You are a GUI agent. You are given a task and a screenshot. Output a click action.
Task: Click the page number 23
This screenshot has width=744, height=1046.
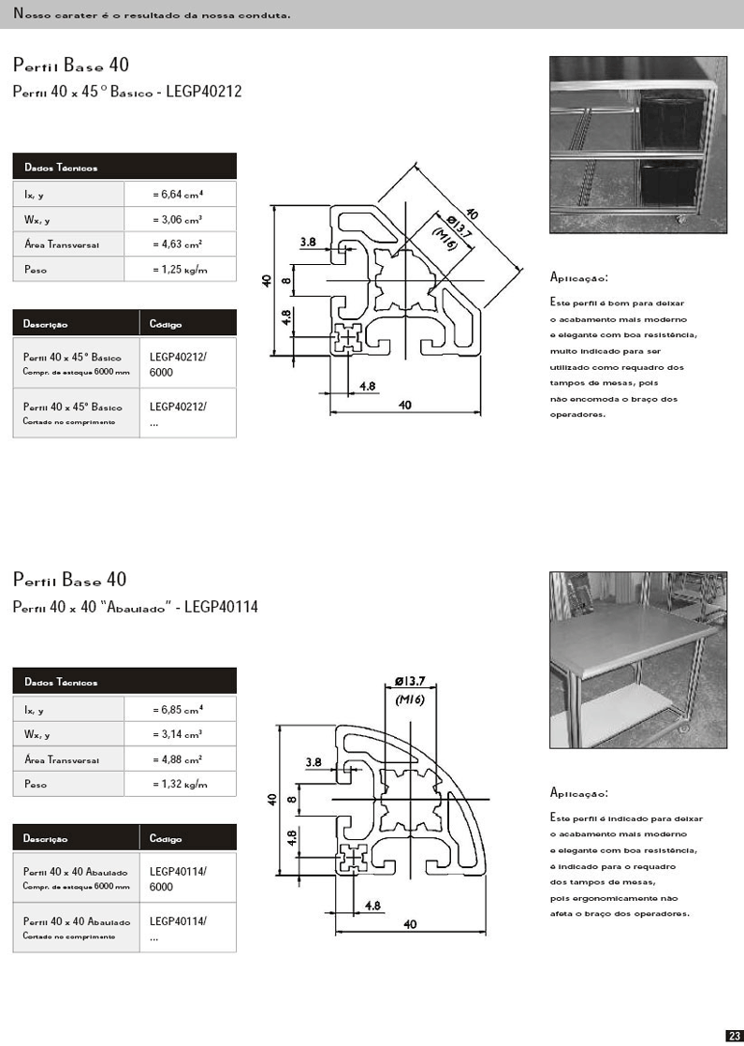point(734,1035)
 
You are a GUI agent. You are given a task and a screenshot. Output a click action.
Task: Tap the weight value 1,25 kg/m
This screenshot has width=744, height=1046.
point(179,270)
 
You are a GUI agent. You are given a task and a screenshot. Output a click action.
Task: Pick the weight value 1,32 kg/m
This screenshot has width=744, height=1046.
point(179,784)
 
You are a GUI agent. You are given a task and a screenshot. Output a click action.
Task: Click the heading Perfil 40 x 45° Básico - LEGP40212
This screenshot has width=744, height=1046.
point(127,92)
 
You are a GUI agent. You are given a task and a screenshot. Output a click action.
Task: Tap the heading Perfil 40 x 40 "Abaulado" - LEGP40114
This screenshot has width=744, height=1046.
point(136,607)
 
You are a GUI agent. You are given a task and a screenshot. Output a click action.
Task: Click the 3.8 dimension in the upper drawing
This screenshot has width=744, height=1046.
point(308,242)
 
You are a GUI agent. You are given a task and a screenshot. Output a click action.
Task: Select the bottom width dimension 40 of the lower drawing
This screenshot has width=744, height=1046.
point(410,924)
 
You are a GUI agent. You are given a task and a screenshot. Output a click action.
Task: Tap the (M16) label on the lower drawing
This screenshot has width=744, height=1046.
point(411,700)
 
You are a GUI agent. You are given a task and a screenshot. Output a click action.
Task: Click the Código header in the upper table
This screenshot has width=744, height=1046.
point(166,325)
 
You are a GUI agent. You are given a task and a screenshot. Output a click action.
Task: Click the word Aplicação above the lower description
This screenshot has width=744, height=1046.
point(579,793)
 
